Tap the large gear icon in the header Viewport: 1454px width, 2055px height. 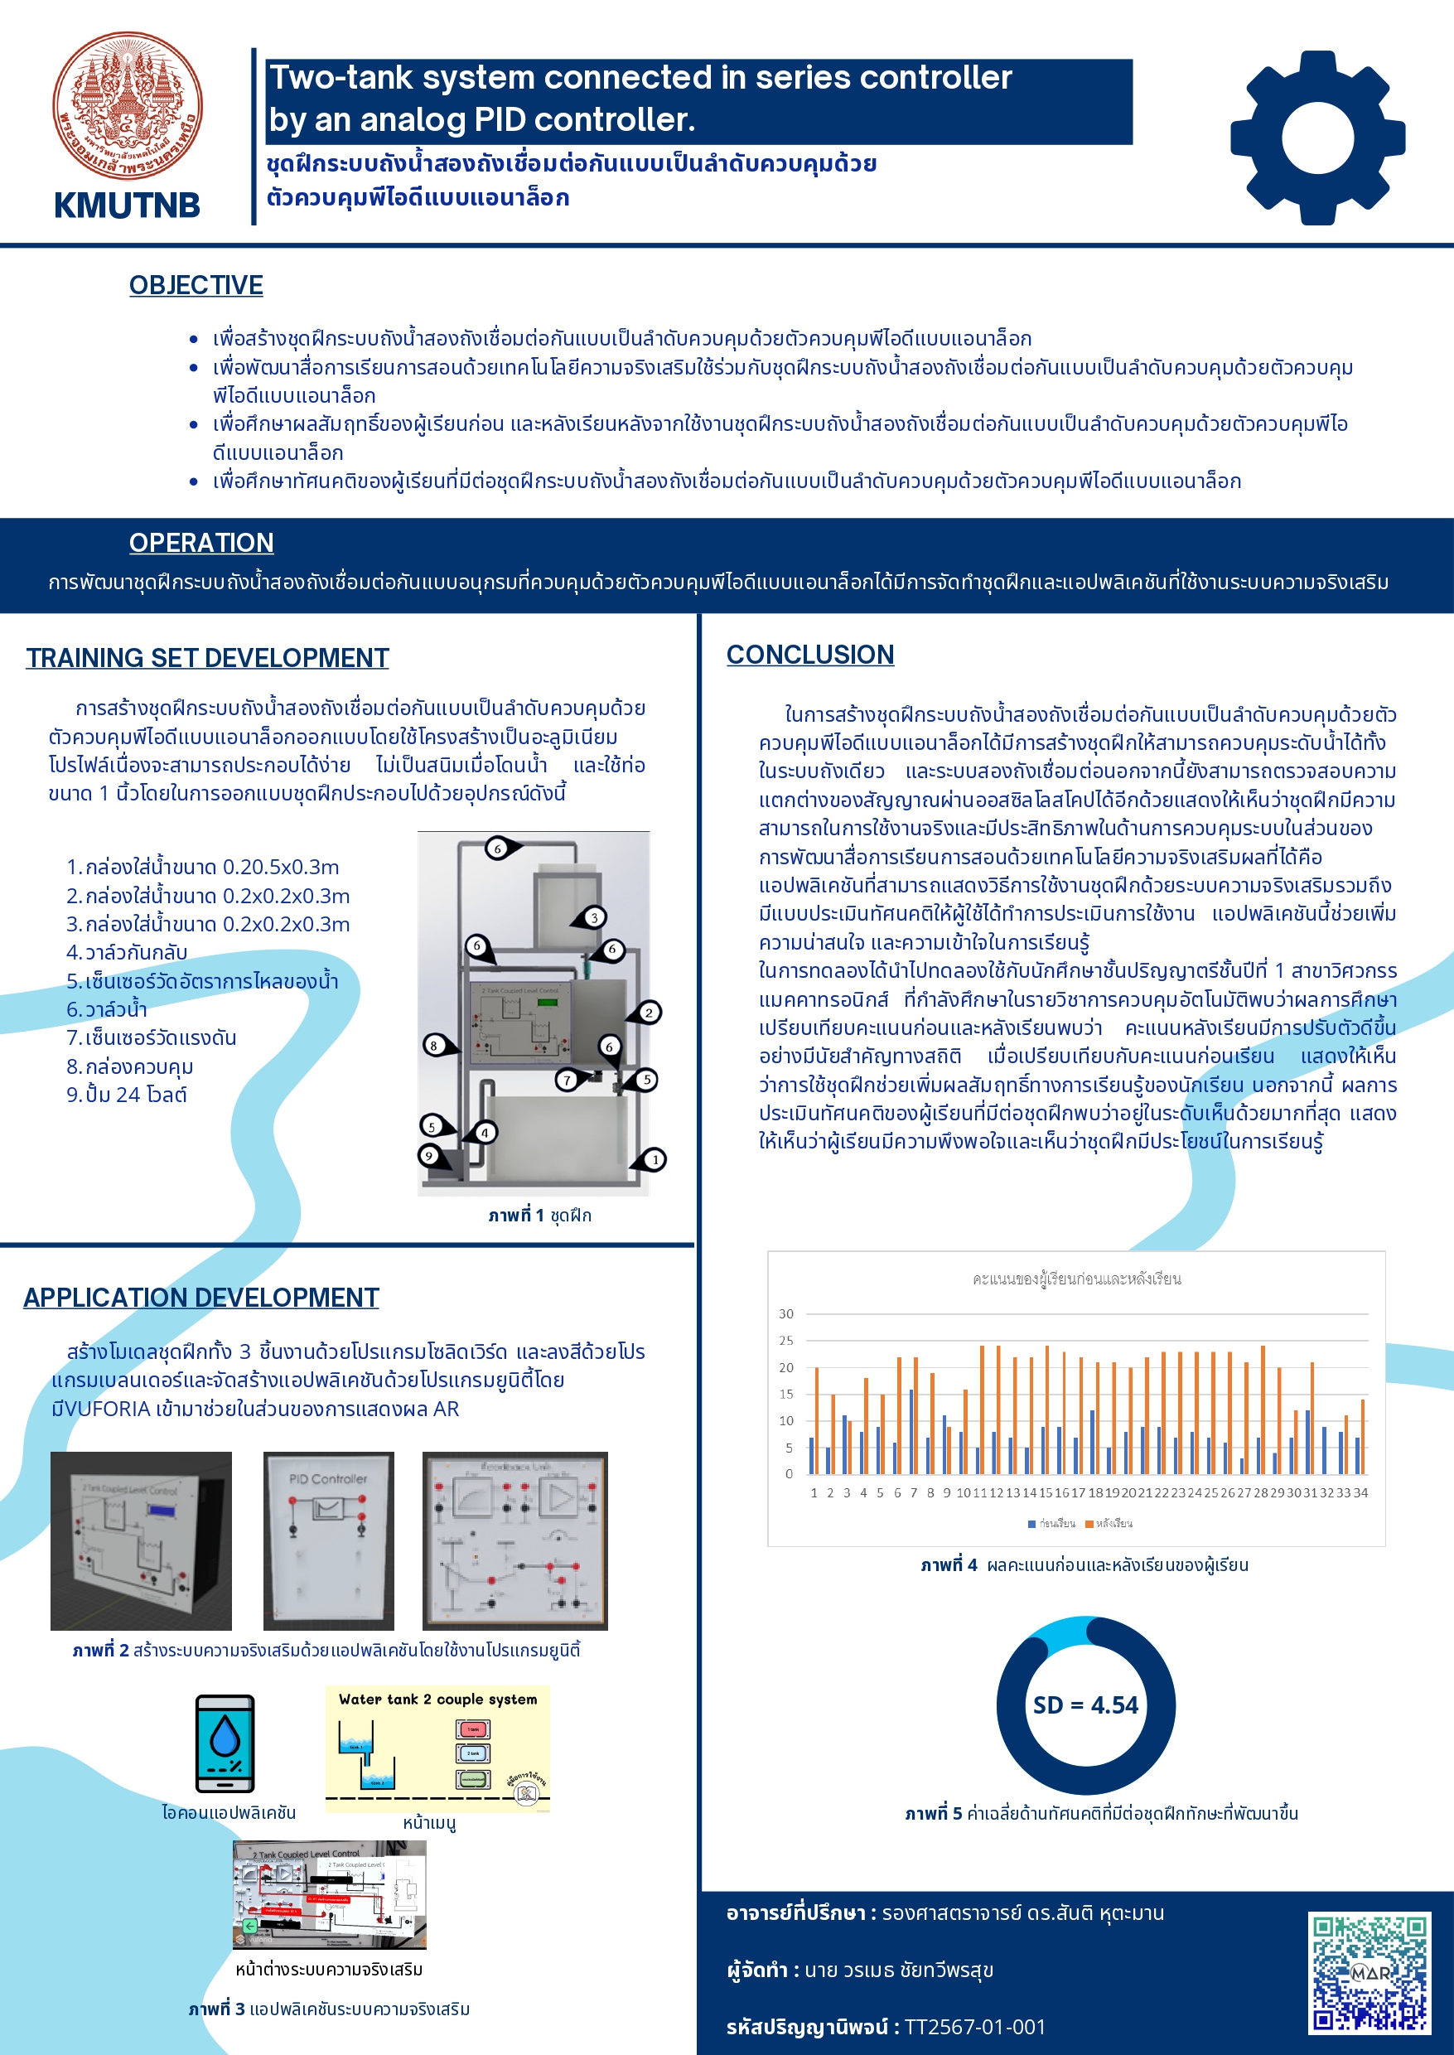[1317, 138]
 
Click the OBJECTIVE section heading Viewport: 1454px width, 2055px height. [196, 285]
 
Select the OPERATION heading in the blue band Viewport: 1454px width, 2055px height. [201, 543]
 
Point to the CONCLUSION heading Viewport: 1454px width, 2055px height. [809, 655]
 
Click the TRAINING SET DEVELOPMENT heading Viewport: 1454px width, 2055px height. [207, 657]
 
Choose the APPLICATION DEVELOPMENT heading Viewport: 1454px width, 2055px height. [200, 1298]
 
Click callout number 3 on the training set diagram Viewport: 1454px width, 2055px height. [593, 917]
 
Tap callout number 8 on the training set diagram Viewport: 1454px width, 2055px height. [434, 1045]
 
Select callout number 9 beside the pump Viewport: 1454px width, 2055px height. [429, 1155]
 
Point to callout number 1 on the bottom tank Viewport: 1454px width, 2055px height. [655, 1159]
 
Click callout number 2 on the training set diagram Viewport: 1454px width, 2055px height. [649, 1013]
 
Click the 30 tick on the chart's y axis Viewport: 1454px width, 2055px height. [785, 1313]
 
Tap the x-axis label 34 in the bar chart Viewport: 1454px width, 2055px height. [1360, 1492]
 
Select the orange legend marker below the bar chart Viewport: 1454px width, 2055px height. [1089, 1524]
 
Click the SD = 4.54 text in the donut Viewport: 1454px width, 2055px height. [1085, 1704]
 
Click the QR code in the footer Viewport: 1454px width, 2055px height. [1369, 1974]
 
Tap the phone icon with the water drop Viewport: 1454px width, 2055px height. [225, 1743]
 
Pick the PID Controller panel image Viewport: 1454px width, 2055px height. [329, 1540]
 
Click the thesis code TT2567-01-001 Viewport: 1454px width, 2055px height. [974, 2026]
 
